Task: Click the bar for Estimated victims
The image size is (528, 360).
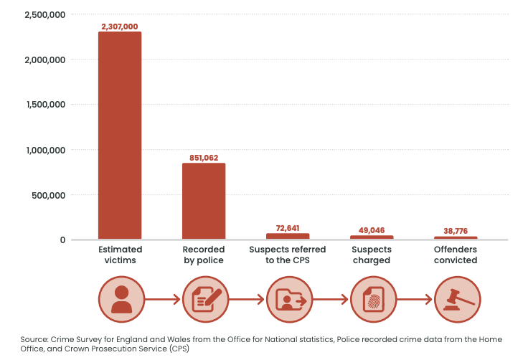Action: tap(120, 136)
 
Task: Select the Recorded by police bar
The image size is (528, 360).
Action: tap(204, 202)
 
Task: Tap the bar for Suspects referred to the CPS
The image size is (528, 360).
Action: tap(288, 236)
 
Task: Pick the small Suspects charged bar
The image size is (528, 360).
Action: tap(372, 237)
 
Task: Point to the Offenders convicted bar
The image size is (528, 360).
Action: tap(456, 238)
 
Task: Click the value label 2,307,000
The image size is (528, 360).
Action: tap(120, 26)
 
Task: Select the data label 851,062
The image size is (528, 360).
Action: tap(204, 157)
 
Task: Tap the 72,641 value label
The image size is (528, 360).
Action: tap(288, 228)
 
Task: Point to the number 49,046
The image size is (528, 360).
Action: tap(372, 230)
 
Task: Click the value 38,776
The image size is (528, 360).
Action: tap(456, 231)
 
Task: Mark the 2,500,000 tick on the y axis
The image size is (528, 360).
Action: tap(44, 14)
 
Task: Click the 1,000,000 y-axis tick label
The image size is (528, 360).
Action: tap(44, 150)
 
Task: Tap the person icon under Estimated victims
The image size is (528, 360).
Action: tap(121, 299)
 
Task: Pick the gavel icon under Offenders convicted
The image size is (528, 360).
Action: tap(457, 299)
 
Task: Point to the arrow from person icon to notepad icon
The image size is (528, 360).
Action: tap(163, 299)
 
